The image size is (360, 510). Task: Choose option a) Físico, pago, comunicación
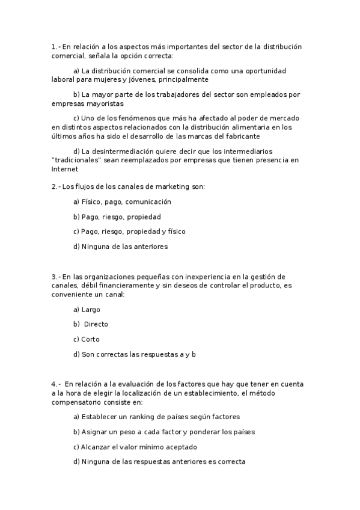click(122, 202)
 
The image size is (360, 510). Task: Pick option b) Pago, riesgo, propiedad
click(117, 217)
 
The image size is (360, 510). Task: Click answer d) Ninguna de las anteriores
click(120, 247)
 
